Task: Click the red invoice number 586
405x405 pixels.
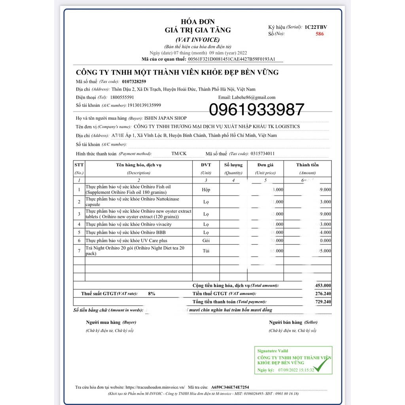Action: (319, 34)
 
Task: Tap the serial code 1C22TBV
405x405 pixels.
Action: (316, 27)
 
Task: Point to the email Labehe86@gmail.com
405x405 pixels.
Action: (253, 97)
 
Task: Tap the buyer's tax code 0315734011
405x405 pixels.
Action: (259, 153)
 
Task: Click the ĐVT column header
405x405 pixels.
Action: (206, 165)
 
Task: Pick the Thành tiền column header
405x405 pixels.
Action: (307, 165)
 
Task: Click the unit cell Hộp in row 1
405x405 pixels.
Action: (206, 189)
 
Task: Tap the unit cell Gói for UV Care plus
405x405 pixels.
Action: (206, 240)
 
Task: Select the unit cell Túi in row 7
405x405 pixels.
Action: (206, 251)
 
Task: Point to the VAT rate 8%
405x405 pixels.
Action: (151, 293)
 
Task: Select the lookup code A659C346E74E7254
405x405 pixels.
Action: (230, 387)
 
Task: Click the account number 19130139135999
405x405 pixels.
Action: (144, 106)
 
